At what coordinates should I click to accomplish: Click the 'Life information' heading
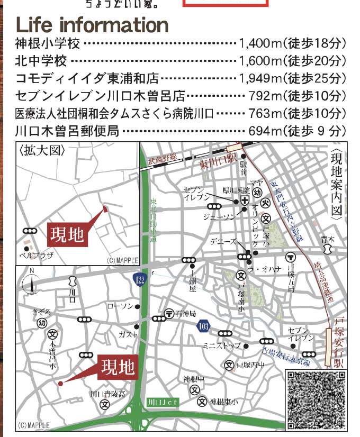pyautogui.click(x=92, y=25)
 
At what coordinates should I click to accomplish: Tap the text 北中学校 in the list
pyautogui.click(x=41, y=61)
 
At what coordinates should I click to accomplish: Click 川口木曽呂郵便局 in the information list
pyautogui.click(x=67, y=131)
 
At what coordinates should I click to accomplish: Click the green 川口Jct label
pyautogui.click(x=163, y=402)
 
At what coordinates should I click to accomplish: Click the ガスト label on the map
pyautogui.click(x=129, y=334)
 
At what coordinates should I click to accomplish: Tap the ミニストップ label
pyautogui.click(x=221, y=345)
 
